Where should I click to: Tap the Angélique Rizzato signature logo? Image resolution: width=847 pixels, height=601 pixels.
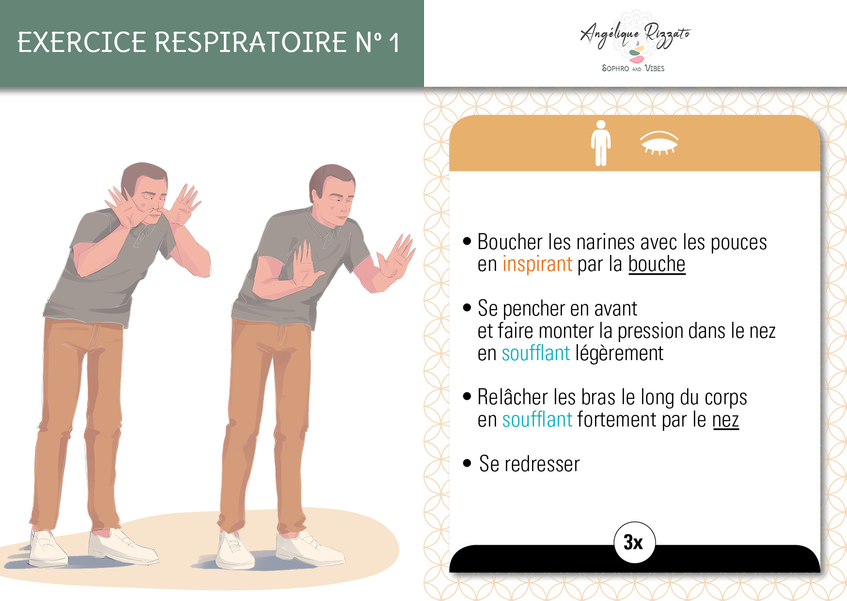635,36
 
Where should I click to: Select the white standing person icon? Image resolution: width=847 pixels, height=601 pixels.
601,143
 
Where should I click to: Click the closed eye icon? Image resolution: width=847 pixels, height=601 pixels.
659,142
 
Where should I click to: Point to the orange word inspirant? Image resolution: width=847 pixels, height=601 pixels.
537,264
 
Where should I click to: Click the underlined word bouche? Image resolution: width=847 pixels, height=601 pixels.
657,264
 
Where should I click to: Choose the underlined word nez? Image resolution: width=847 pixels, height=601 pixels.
725,420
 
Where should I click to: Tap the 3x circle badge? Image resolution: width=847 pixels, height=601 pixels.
635,542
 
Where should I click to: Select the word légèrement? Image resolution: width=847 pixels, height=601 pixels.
619,353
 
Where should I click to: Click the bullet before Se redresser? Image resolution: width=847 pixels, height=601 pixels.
467,463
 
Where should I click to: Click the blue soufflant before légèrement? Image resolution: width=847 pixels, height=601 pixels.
536,353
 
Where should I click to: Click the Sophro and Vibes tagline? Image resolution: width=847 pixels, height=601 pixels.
633,68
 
